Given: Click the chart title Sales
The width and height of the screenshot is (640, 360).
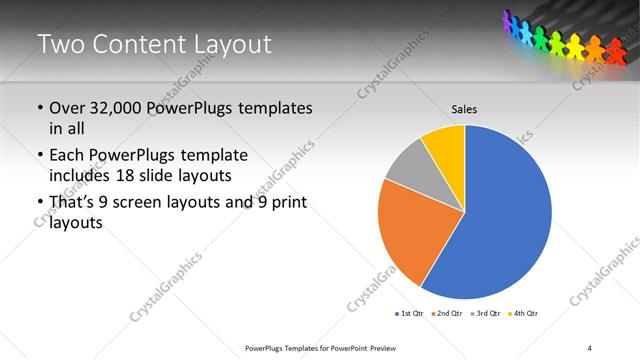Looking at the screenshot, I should [x=464, y=108].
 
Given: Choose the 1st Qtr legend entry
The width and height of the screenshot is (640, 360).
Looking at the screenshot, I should [x=410, y=314].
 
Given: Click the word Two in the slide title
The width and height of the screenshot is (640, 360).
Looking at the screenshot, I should [x=61, y=44].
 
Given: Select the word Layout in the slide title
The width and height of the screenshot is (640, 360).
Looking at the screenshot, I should [x=229, y=44].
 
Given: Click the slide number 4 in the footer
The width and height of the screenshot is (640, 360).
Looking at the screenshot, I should [x=590, y=347].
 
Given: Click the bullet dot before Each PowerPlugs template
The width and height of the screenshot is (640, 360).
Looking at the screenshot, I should [x=40, y=156].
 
